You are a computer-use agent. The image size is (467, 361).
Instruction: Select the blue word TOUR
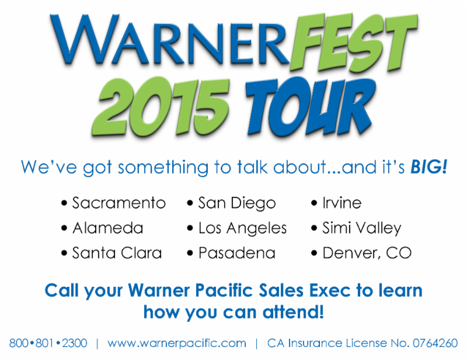pyautogui.click(x=310, y=107)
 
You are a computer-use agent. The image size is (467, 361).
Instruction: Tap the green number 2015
pyautogui.click(x=161, y=107)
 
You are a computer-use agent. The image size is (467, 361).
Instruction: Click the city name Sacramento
pyautogui.click(x=119, y=203)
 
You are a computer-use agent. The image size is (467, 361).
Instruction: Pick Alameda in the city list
pyautogui.click(x=108, y=228)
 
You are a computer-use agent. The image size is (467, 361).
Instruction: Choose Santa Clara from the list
pyautogui.click(x=117, y=253)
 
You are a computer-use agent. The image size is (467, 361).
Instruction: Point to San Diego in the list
pyautogui.click(x=237, y=204)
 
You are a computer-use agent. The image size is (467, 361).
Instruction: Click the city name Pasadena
pyautogui.click(x=237, y=253)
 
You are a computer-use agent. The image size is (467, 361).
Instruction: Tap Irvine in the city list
pyautogui.click(x=342, y=203)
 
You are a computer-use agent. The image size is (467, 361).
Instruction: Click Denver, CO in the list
pyautogui.click(x=367, y=253)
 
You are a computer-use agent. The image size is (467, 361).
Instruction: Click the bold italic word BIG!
pyautogui.click(x=429, y=166)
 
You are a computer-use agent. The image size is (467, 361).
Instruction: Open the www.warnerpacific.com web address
pyautogui.click(x=177, y=343)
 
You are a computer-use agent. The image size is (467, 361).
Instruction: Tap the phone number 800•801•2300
pyautogui.click(x=48, y=343)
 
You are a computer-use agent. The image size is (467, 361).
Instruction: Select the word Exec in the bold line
pyautogui.click(x=330, y=290)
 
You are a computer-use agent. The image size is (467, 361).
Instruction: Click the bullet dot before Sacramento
pyautogui.click(x=64, y=203)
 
